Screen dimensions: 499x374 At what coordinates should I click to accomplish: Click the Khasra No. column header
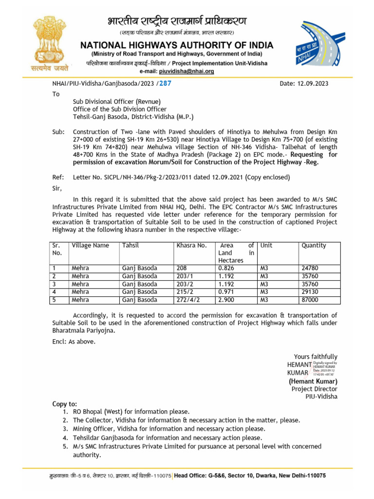click(192, 246)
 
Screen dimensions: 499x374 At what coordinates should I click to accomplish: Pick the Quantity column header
click(314, 246)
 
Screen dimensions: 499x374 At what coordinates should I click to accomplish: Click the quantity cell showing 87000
click(311, 300)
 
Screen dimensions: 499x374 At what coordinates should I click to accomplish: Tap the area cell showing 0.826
click(227, 268)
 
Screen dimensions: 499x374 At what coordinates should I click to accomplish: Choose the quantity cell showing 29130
click(311, 292)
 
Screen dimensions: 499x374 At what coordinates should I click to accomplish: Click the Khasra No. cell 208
click(182, 268)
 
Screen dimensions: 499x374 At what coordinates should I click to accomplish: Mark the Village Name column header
click(90, 246)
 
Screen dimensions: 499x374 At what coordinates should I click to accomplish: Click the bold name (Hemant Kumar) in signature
click(313, 381)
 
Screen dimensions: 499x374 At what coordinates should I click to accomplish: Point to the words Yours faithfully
click(315, 357)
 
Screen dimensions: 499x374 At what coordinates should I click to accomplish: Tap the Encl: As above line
click(74, 341)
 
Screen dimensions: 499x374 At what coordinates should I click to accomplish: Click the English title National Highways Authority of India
click(177, 45)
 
